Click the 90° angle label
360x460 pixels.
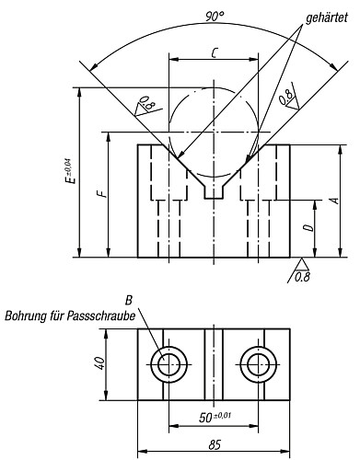(215, 17)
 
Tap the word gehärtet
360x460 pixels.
(327, 18)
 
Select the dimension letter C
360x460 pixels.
(215, 53)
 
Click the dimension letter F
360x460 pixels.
(104, 194)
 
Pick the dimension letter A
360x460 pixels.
(335, 201)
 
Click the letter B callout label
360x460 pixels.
(129, 301)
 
